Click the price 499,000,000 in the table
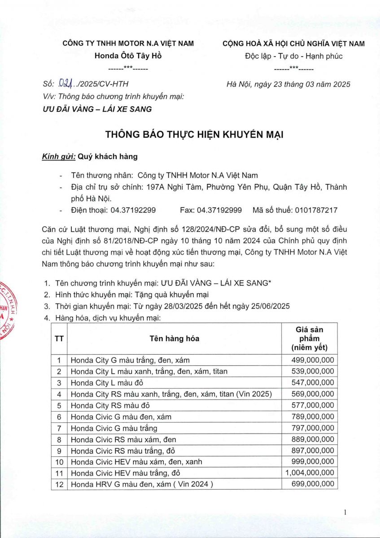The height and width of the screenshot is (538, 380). pyautogui.click(x=312, y=360)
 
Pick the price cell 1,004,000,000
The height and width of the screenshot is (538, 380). pyautogui.click(x=310, y=473)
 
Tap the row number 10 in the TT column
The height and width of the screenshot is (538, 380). pyautogui.click(x=59, y=461)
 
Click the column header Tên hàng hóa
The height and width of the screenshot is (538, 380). pyautogui.click(x=175, y=338)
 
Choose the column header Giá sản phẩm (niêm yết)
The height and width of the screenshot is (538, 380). pyautogui.click(x=310, y=338)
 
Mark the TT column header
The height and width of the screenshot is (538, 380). pyautogui.click(x=59, y=338)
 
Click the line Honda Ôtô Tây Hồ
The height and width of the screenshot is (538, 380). pyautogui.click(x=128, y=56)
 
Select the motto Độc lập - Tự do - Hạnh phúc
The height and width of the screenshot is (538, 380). pyautogui.click(x=293, y=56)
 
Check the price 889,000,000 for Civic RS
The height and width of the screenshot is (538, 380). pyautogui.click(x=312, y=439)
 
